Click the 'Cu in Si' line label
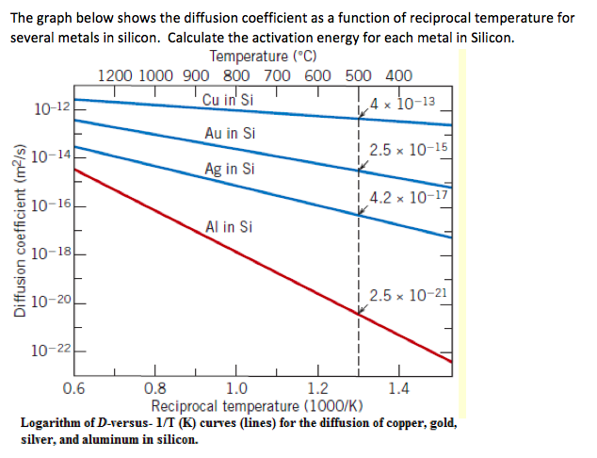(x=228, y=100)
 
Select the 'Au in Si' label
(x=229, y=133)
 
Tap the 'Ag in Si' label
(x=229, y=170)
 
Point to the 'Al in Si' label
(x=228, y=227)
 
